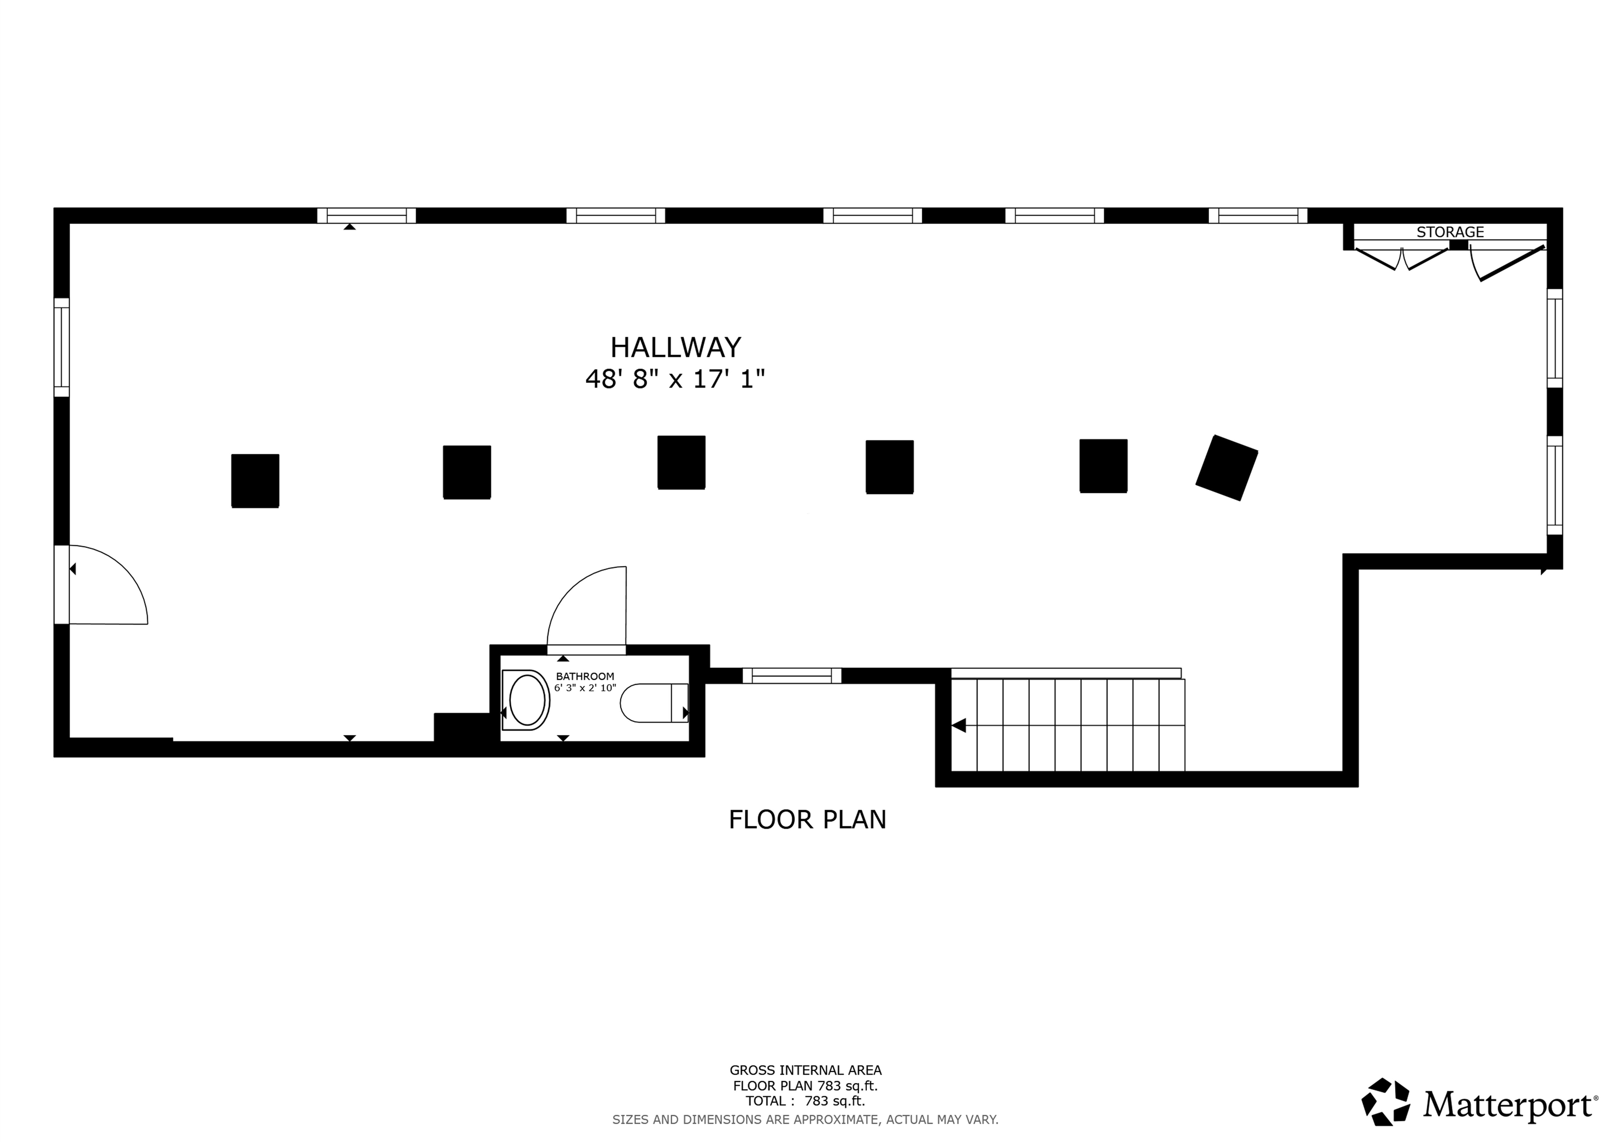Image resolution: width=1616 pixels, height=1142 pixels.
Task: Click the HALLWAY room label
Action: (x=675, y=347)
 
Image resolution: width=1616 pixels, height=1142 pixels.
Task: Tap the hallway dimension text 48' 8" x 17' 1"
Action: (x=675, y=379)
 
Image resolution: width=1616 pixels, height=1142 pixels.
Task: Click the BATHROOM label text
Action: (x=585, y=676)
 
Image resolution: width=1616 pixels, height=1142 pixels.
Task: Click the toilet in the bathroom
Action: (x=654, y=703)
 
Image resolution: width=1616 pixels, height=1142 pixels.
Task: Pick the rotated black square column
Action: (x=1227, y=468)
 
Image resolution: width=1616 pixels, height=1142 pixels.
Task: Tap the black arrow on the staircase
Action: (x=958, y=726)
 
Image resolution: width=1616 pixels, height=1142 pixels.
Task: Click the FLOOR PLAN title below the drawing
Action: (x=807, y=820)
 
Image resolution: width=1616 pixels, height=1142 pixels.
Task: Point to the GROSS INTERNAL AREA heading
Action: (x=805, y=1070)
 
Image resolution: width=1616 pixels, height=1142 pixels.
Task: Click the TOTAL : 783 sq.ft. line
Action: (x=805, y=1101)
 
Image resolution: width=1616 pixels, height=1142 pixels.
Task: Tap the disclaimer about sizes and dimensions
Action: (x=805, y=1119)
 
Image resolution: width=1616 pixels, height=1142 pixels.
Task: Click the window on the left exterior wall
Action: (x=62, y=347)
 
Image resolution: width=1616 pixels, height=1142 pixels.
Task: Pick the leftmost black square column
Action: (x=256, y=481)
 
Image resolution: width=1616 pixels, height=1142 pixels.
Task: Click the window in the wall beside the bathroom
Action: (x=792, y=676)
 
